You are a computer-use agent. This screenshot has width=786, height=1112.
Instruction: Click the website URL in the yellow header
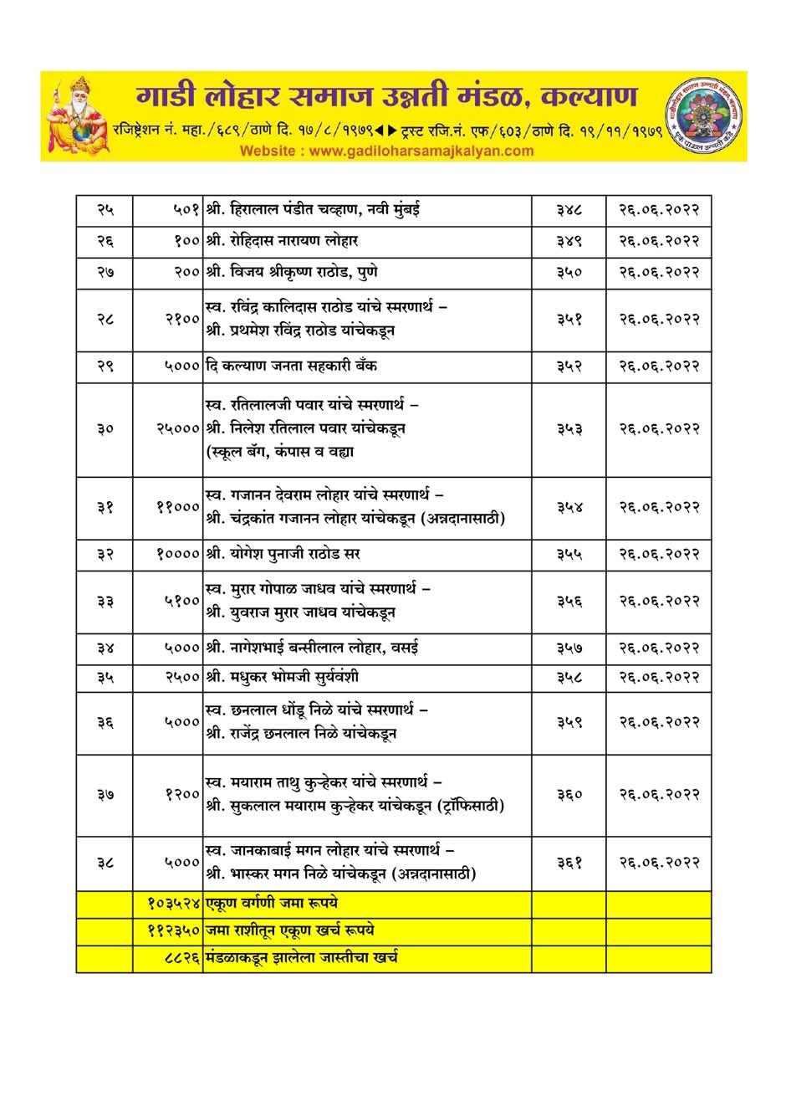point(386,151)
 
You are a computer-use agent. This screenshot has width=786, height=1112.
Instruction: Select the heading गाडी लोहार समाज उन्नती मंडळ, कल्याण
point(386,96)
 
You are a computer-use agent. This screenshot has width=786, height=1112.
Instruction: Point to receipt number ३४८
point(569,209)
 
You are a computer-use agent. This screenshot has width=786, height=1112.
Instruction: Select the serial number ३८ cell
point(105,862)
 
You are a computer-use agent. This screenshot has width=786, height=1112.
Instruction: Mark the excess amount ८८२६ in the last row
point(181,957)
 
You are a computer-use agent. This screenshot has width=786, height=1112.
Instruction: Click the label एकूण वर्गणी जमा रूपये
point(271,904)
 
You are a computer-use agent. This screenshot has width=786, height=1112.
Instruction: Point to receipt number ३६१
point(569,862)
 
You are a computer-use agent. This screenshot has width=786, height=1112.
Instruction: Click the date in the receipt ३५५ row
point(659,554)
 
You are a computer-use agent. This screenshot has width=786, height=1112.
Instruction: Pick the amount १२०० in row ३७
point(181,794)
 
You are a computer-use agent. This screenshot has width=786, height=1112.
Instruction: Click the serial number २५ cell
point(105,209)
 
